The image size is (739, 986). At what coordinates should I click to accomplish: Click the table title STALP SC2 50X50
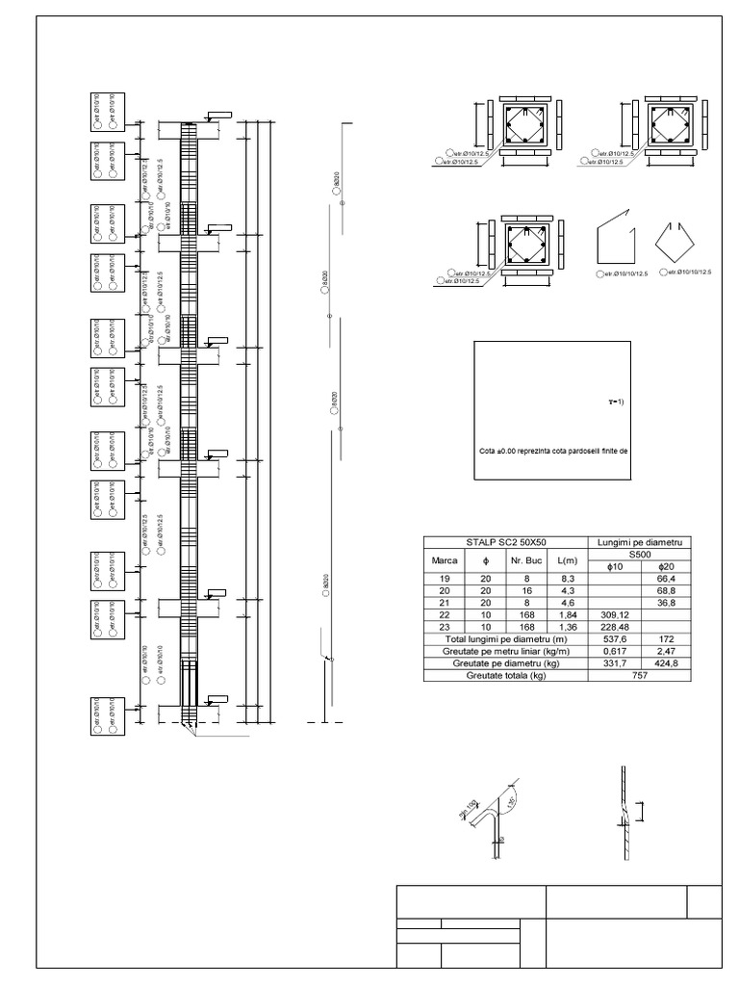(505, 543)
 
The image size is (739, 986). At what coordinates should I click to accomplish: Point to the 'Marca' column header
(444, 560)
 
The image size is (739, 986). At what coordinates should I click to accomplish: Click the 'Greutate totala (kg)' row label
(505, 676)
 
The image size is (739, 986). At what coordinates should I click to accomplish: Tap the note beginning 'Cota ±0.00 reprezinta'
(552, 450)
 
